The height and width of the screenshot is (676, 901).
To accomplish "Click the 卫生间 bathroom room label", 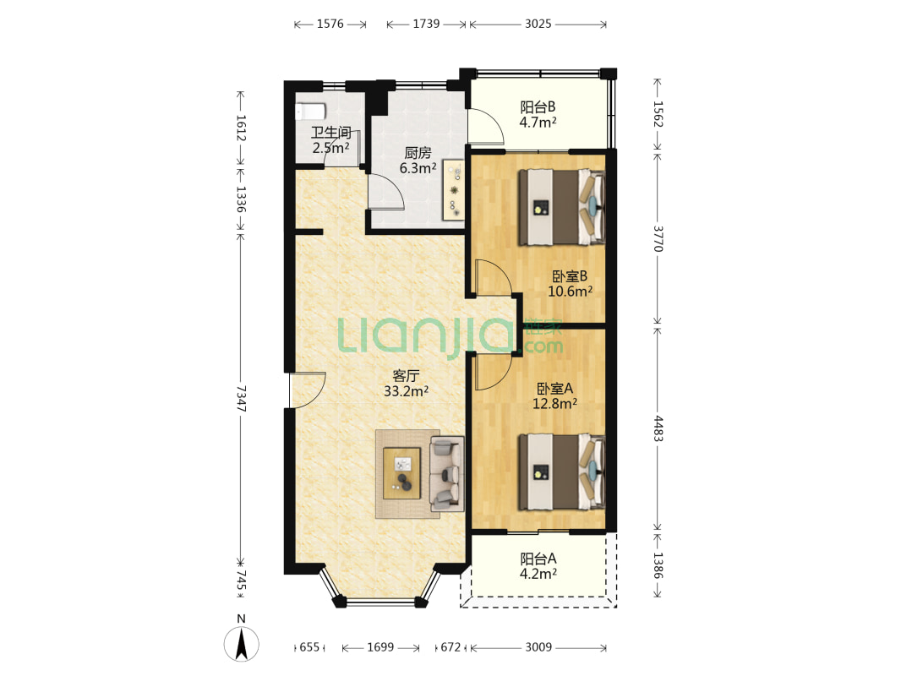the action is click(331, 133).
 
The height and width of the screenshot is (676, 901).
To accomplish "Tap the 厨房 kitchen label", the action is click(418, 153).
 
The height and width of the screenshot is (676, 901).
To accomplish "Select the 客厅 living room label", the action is click(406, 376).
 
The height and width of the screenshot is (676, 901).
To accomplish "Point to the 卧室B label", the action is click(570, 276).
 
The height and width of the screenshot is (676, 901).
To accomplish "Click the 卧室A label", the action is click(554, 389).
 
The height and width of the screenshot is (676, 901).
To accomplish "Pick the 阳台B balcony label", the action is click(538, 107).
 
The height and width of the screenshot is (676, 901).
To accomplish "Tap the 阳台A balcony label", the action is click(538, 559).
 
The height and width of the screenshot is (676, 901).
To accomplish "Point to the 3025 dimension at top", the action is click(538, 24).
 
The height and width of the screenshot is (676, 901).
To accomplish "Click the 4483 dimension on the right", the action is click(658, 428).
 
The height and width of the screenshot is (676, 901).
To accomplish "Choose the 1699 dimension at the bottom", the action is click(380, 647).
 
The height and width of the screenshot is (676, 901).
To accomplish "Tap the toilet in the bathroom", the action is click(310, 112).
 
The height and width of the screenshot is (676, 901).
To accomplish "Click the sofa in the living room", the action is click(447, 474).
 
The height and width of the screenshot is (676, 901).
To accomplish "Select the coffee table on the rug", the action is click(401, 473).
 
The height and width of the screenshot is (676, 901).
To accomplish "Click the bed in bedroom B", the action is click(561, 207).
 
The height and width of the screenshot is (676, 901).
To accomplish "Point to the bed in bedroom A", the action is click(561, 472).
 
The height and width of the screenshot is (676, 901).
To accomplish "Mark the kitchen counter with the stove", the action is click(453, 189).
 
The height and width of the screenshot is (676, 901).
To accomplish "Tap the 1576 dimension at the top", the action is click(330, 24).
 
